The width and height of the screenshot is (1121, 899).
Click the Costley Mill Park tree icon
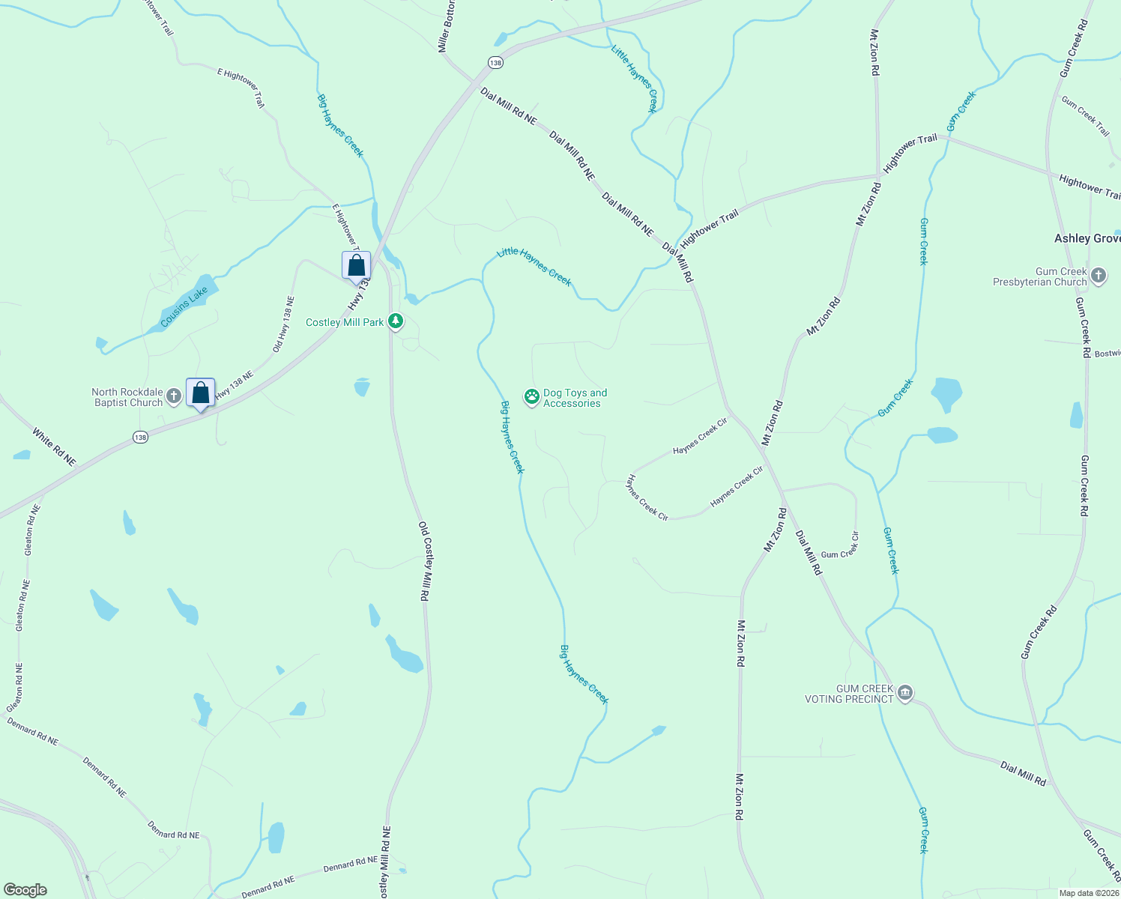396,322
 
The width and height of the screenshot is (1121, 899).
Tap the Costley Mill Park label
345,323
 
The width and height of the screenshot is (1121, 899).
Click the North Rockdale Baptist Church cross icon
174,396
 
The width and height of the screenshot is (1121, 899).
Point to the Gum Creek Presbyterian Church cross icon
1099,276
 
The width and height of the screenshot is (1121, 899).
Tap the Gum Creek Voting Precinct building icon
905,694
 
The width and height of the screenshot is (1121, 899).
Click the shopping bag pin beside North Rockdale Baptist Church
200,393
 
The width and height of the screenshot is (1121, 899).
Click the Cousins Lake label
184,308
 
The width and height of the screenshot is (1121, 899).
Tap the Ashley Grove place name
1087,238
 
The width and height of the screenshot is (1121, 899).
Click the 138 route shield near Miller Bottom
495,63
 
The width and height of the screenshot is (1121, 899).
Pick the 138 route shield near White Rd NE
140,437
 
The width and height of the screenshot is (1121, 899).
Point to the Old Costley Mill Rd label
424,561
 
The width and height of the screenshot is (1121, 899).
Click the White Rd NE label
54,447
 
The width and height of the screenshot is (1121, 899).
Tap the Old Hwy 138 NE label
283,324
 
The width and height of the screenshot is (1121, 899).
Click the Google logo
25,890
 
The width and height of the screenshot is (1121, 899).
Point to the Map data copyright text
1087,893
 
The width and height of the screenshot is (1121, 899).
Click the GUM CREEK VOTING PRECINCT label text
849,694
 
